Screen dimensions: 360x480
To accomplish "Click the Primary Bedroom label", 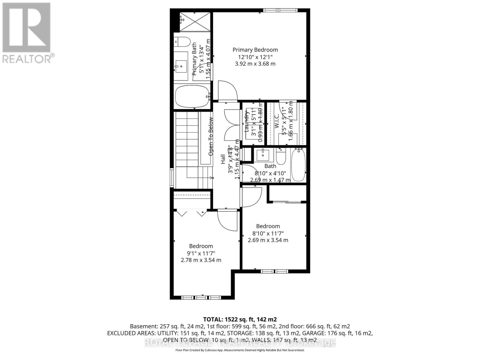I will [x=255, y=50].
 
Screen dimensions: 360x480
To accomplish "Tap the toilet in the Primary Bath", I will [x=182, y=41].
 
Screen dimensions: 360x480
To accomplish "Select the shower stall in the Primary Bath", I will [x=195, y=22].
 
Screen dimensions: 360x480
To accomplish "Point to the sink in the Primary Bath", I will [x=181, y=66].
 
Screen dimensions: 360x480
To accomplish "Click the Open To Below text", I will [x=211, y=136].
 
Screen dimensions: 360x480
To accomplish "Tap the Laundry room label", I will [x=247, y=121].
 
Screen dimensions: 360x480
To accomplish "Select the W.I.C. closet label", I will [x=277, y=121].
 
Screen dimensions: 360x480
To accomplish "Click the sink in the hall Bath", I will [x=263, y=155].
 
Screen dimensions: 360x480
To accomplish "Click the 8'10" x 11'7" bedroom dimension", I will [x=268, y=233].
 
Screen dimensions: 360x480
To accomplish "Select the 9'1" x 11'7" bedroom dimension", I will [x=201, y=253].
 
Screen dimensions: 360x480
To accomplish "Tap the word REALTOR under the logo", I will [x=27, y=58].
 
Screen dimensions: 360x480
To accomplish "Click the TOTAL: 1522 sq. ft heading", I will [x=240, y=319].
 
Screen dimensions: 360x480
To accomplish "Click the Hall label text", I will [x=223, y=159].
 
